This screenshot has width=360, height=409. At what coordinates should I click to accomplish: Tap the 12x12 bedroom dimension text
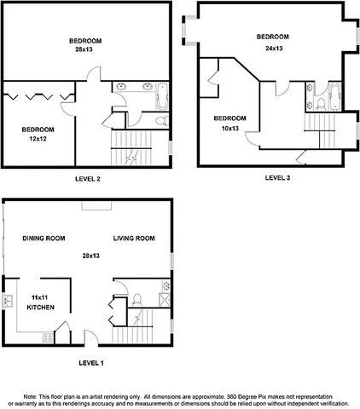tap(38, 137)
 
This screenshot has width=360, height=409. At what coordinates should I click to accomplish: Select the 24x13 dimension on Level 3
tap(272, 48)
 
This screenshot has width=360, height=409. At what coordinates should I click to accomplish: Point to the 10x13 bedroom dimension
tap(229, 127)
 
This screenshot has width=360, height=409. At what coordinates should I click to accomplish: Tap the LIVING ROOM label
tap(134, 239)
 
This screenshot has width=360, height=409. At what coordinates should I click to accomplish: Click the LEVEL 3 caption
tap(277, 178)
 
